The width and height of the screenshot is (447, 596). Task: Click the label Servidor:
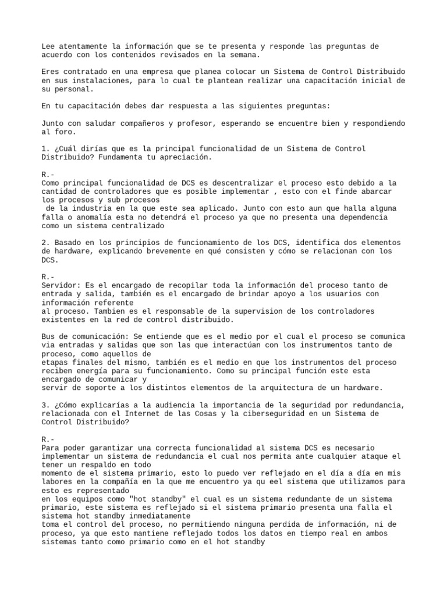tap(61, 285)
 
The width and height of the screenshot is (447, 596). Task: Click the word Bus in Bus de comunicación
tap(49, 336)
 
